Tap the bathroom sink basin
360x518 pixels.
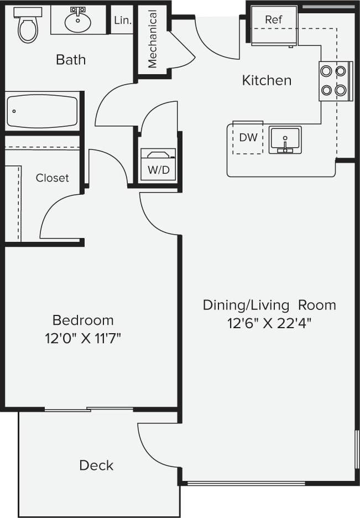coord(78,23)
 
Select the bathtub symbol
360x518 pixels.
coord(42,111)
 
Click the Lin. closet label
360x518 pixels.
coord(122,20)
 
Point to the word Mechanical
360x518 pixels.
coord(152,39)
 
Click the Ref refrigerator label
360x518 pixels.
coord(273,20)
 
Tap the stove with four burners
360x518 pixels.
coord(335,80)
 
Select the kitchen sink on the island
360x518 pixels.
coord(285,139)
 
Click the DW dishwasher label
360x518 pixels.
coord(248,137)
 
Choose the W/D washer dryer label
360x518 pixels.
coord(158,170)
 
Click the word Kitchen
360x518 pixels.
coord(267,80)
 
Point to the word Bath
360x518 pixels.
coord(71,59)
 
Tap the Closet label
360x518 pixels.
coord(53,178)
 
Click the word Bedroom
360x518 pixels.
coord(83,320)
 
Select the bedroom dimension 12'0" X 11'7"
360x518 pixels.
coord(83,338)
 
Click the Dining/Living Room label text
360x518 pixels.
coord(269,305)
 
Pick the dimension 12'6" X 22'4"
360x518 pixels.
coord(269,323)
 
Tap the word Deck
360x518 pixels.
coord(96,465)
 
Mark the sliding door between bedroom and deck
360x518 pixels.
coord(88,410)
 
